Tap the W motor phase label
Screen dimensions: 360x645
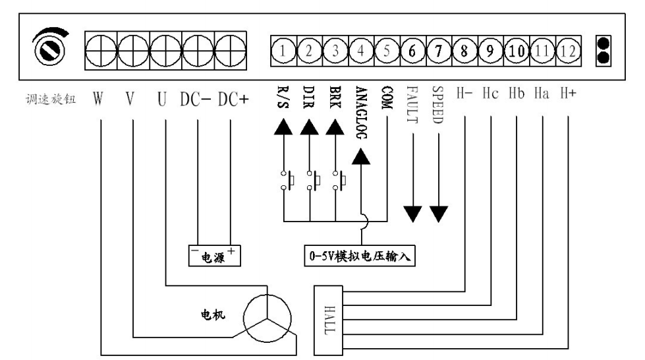[x=99, y=101]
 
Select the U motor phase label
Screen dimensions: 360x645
[x=163, y=101]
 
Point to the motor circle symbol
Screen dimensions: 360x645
[x=266, y=318]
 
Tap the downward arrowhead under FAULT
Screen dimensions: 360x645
[x=413, y=214]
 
